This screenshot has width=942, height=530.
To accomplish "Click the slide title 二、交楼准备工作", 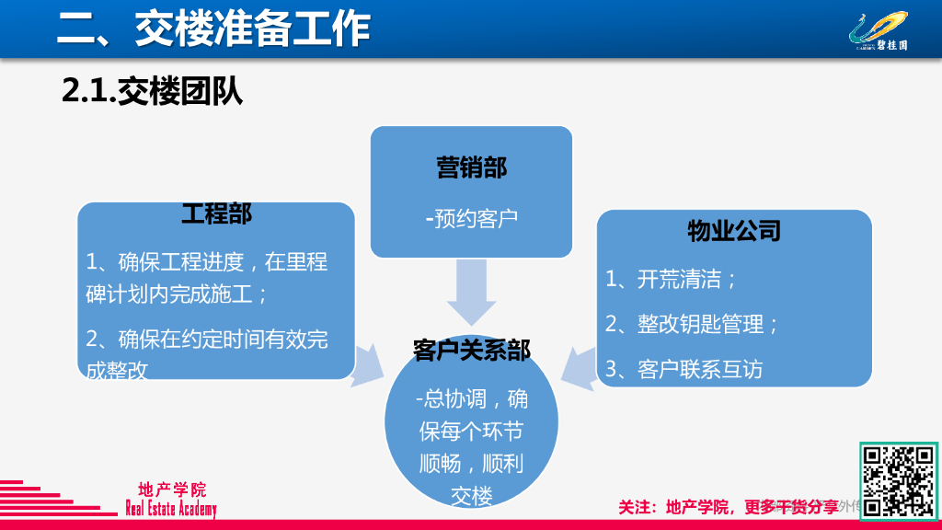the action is click(213, 29).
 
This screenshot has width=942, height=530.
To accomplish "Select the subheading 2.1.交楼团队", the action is click(153, 92).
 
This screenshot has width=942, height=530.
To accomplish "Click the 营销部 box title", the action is click(471, 167).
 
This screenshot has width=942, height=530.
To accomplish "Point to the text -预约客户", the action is click(471, 218).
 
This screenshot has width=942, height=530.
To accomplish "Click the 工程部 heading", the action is click(216, 213).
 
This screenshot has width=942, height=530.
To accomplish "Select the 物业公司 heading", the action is click(733, 230).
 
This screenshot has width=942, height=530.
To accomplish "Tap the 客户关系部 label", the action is click(471, 351).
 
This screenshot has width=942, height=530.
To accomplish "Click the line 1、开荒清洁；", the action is click(672, 279).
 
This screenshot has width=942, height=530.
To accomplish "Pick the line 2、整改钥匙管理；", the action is click(693, 324).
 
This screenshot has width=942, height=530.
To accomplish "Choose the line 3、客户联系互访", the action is click(684, 369).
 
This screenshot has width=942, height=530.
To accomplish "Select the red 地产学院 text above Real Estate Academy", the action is click(172, 490).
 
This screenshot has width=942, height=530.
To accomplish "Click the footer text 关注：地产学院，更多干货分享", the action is click(728, 507).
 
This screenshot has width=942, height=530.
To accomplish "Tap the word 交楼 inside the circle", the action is click(471, 495).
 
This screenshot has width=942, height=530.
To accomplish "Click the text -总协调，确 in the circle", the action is click(471, 399).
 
